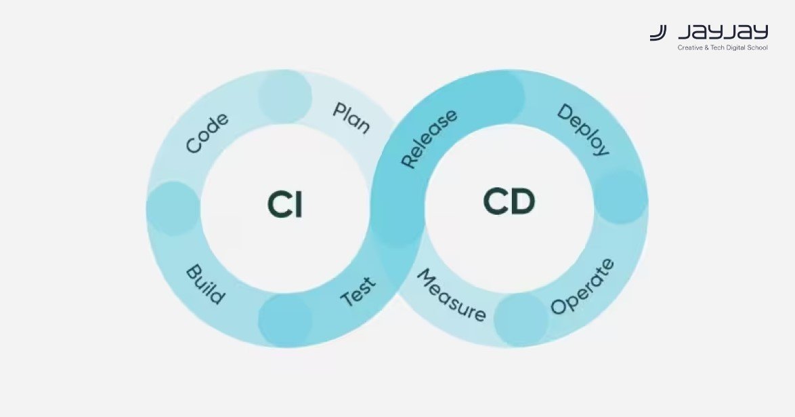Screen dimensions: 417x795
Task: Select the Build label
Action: tap(205, 284)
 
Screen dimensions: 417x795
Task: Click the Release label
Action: tap(429, 138)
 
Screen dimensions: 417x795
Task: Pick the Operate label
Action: tap(582, 286)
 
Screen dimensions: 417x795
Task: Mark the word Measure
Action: tap(451, 296)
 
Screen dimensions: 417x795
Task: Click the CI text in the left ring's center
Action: tap(285, 205)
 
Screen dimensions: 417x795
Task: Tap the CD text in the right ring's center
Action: tap(509, 202)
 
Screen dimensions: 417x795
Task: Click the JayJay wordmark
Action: tap(723, 33)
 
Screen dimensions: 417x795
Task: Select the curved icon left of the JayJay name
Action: tap(658, 33)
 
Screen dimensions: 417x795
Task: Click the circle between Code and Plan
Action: tap(285, 97)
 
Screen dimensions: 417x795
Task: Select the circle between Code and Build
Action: tap(173, 208)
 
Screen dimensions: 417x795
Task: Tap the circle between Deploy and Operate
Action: tap(620, 197)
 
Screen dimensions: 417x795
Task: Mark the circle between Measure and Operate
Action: tap(520, 319)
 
